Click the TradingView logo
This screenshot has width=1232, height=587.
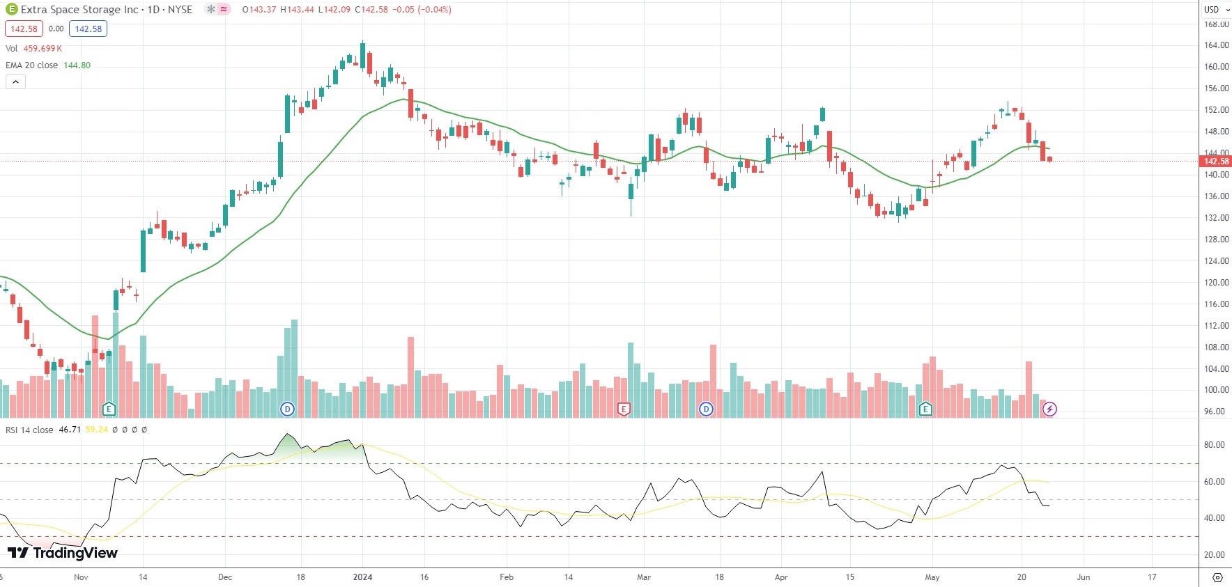pyautogui.click(x=63, y=553)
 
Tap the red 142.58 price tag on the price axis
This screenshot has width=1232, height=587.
pyautogui.click(x=1216, y=162)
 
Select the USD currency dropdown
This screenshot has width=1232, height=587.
pyautogui.click(x=1215, y=9)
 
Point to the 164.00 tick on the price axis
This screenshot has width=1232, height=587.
pyautogui.click(x=1216, y=45)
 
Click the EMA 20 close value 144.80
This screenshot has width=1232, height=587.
pyautogui.click(x=77, y=65)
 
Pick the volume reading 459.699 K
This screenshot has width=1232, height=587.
pyautogui.click(x=43, y=49)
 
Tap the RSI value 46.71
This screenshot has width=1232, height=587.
pyautogui.click(x=70, y=430)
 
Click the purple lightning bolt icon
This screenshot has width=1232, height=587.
pyautogui.click(x=1049, y=409)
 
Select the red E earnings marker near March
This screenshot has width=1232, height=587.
pyautogui.click(x=624, y=409)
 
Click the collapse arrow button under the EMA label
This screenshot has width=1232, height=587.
pyautogui.click(x=15, y=81)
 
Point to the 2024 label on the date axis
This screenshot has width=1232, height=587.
pyautogui.click(x=362, y=577)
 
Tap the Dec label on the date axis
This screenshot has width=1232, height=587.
pyautogui.click(x=225, y=577)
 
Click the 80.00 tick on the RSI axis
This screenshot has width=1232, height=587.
pyautogui.click(x=1215, y=445)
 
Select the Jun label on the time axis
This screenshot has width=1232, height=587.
pyautogui.click(x=1083, y=577)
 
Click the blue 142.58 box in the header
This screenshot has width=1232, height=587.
pyautogui.click(x=88, y=29)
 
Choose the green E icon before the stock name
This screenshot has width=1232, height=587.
pyautogui.click(x=11, y=9)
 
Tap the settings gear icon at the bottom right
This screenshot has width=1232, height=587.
pyautogui.click(x=1217, y=577)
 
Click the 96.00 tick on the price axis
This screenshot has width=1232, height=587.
pyautogui.click(x=1215, y=412)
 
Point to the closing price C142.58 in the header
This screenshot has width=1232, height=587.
pyautogui.click(x=371, y=10)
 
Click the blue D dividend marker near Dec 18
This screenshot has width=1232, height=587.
pyautogui.click(x=287, y=409)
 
